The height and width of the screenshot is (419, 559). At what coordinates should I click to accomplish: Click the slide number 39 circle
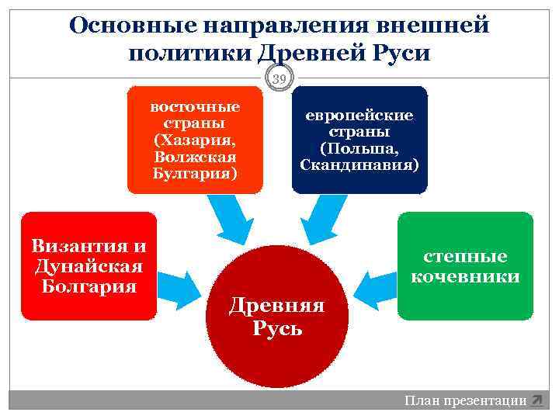279,78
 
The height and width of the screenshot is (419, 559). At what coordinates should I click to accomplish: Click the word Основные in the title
131,26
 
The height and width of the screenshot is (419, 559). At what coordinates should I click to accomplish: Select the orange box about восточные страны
196,139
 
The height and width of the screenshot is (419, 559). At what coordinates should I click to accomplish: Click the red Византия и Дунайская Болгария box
89,266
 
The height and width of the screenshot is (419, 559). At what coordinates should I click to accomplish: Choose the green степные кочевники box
465,266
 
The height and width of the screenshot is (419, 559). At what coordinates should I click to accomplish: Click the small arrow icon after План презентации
536,401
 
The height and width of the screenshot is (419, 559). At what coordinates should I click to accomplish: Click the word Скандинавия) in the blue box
359,165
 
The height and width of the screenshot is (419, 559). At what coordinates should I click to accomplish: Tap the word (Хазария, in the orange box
196,140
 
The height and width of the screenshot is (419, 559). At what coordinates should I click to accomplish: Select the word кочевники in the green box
465,276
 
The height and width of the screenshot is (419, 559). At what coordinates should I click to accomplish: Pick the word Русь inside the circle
277,327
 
